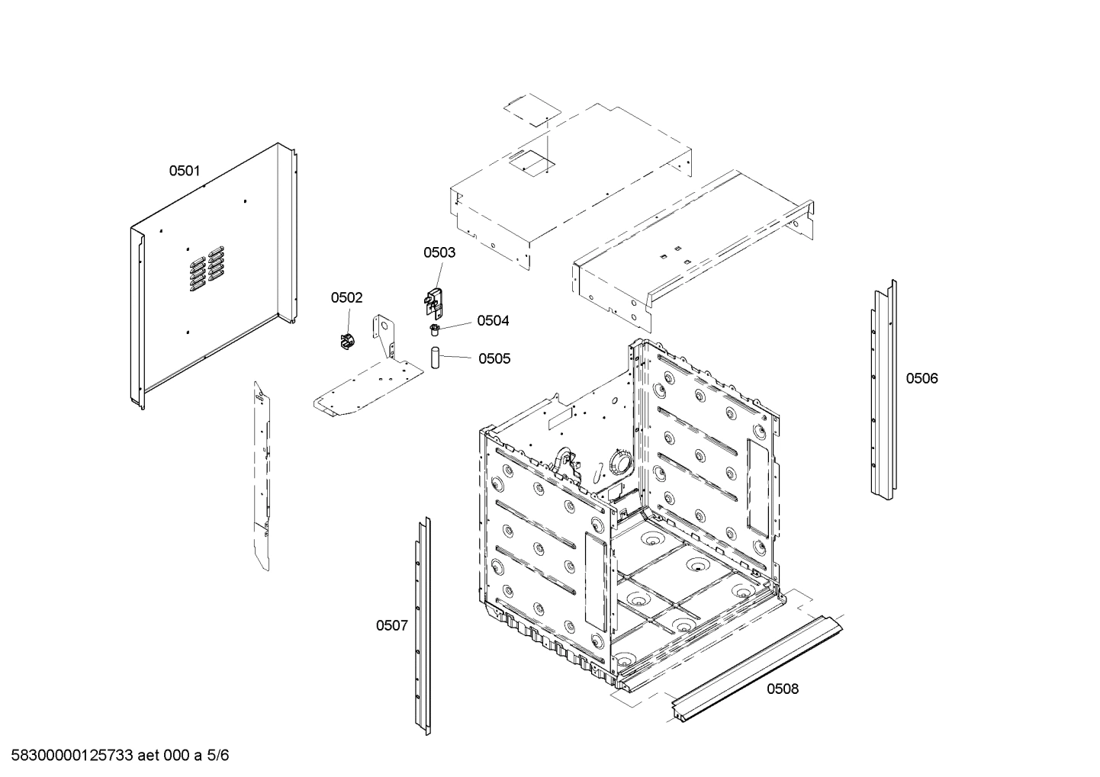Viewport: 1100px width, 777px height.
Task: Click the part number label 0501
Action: [x=184, y=172]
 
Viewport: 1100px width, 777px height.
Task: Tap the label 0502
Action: [x=346, y=298]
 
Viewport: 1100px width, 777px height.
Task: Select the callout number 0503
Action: [x=439, y=252]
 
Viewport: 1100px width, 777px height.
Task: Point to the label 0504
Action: [x=493, y=321]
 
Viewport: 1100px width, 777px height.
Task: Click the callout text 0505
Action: [x=494, y=359]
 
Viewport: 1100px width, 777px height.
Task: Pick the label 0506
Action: [x=921, y=378]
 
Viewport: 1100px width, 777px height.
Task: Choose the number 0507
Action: [x=391, y=626]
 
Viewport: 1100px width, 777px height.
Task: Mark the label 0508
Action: [x=783, y=689]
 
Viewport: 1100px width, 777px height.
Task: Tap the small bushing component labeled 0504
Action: [x=435, y=329]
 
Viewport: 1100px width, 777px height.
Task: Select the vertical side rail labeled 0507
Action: [x=422, y=625]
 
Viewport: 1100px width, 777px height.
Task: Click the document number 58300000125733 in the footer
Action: [x=68, y=756]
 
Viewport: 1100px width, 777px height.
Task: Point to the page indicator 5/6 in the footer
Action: [x=217, y=756]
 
